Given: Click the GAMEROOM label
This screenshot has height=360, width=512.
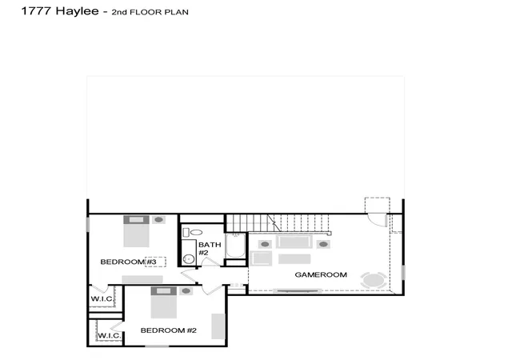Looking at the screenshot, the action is pyautogui.click(x=321, y=274).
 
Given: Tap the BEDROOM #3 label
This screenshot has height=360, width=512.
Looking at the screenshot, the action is pyautogui.click(x=128, y=262).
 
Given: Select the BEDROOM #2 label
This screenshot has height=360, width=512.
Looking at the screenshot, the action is pyautogui.click(x=169, y=330).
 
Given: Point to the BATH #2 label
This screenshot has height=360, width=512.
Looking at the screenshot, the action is pyautogui.click(x=210, y=249).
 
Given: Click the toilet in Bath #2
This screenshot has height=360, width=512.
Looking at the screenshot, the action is pyautogui.click(x=193, y=232).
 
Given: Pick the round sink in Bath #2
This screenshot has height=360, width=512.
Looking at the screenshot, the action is pyautogui.click(x=189, y=259).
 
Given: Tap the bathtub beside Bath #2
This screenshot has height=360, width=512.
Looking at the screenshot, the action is pyautogui.click(x=235, y=246).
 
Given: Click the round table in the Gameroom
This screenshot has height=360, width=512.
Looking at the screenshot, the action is pyautogui.click(x=374, y=280).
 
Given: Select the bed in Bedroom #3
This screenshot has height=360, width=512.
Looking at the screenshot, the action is pyautogui.click(x=136, y=231).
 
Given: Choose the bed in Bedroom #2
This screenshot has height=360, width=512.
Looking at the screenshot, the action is pyautogui.click(x=163, y=302).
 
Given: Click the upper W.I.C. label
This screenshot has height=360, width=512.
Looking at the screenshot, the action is pyautogui.click(x=102, y=298).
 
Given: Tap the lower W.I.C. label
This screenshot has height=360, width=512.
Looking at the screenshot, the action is pyautogui.click(x=110, y=335).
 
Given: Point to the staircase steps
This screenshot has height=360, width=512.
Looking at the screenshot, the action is pyautogui.click(x=278, y=223).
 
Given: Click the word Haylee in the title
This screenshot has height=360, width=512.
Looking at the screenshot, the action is pyautogui.click(x=77, y=11).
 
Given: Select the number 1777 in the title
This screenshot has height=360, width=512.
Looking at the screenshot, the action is pyautogui.click(x=36, y=10).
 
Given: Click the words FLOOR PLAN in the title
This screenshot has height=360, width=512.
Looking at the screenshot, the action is pyautogui.click(x=159, y=13).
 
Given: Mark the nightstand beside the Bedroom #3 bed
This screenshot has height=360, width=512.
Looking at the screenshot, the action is pyautogui.click(x=158, y=219).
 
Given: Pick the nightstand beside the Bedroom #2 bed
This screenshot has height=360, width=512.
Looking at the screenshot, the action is pyautogui.click(x=186, y=290).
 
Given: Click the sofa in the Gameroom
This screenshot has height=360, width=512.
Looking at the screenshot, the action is pyautogui.click(x=294, y=242).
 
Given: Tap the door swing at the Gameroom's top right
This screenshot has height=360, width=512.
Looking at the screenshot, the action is pyautogui.click(x=378, y=220).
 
